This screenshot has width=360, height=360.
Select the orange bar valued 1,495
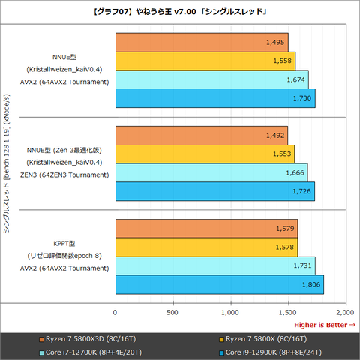(x=201, y=43)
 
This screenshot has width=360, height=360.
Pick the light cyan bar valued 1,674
(x=211, y=79)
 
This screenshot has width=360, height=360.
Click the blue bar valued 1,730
(x=214, y=98)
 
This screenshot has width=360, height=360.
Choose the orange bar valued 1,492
(x=201, y=136)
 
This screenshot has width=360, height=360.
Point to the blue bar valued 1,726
(x=214, y=191)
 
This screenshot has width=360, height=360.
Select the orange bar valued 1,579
(x=206, y=229)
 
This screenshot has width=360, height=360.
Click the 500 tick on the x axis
(x=173, y=311)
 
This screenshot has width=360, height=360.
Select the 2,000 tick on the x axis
(x=344, y=311)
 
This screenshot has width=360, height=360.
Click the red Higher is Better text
(x=324, y=325)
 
